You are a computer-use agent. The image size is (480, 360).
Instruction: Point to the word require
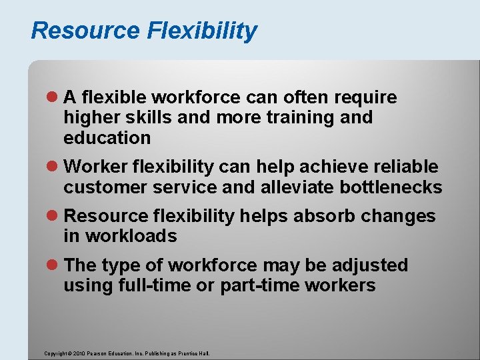pos(366,98)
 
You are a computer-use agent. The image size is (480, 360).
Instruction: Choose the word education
pos(107,138)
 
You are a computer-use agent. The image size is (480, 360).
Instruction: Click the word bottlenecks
pos(391,187)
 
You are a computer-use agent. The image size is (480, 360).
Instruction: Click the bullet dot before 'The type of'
pos(54,265)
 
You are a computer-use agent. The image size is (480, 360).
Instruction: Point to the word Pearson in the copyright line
pos(97,353)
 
